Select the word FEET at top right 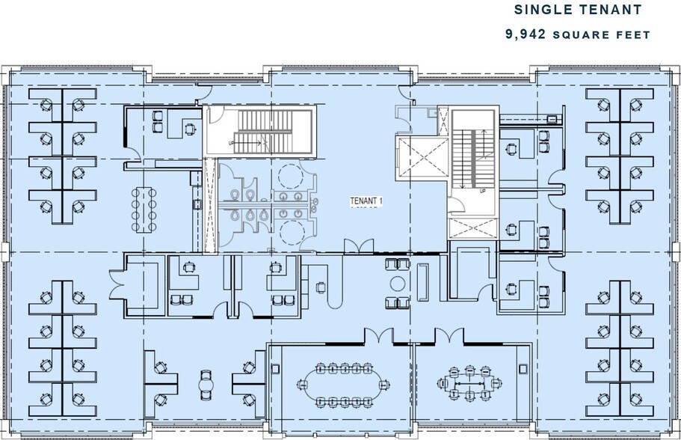click(634, 34)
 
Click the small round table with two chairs click(205, 382)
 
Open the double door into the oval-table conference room click(378, 338)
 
